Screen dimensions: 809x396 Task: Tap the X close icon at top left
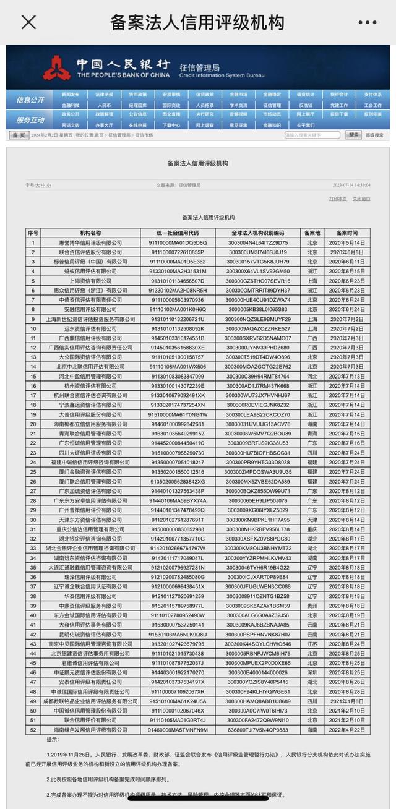(28, 22)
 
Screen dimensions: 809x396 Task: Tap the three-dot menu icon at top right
(367, 22)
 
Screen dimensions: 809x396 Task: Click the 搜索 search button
(353, 135)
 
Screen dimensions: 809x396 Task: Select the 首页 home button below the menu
(18, 135)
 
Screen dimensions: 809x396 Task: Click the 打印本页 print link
(338, 199)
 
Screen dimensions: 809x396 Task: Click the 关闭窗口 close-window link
(361, 199)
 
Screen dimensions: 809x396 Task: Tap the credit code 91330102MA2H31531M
(178, 271)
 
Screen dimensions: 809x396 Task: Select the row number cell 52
(33, 730)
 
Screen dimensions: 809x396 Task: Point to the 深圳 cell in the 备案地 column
(312, 672)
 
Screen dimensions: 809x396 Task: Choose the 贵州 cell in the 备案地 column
(312, 606)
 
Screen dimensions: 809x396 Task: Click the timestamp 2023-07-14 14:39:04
(351, 185)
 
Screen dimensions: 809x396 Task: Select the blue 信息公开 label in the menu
(30, 100)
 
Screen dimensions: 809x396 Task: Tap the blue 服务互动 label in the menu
(30, 120)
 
